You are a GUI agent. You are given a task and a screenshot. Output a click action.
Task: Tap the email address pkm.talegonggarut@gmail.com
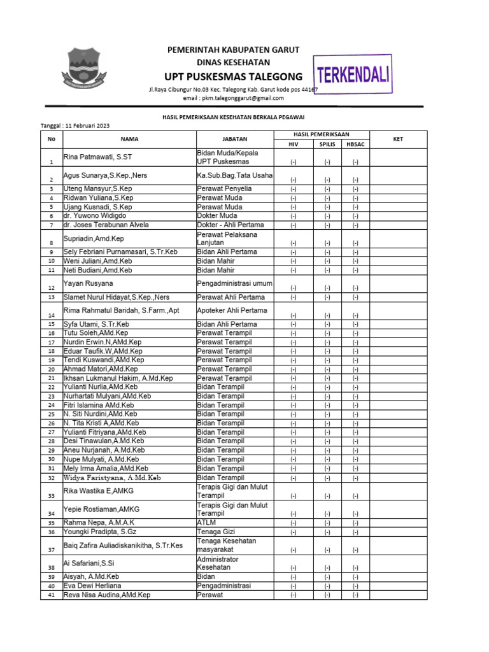[x=234, y=98]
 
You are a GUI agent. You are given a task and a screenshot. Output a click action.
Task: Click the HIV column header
[x=294, y=145]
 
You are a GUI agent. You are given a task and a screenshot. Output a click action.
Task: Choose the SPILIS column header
[x=327, y=145]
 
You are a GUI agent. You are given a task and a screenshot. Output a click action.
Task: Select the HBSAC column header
[x=355, y=145]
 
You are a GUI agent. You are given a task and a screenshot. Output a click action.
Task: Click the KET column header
[x=398, y=139]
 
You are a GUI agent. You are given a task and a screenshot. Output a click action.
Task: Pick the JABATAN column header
[x=235, y=139]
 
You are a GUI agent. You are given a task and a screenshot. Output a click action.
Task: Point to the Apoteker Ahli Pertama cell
[x=232, y=311]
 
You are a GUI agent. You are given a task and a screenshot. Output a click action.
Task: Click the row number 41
[x=52, y=595]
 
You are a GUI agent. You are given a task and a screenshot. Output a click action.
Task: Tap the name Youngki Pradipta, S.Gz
[x=99, y=532]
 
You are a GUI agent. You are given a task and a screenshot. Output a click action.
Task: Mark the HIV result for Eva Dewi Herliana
[x=294, y=586]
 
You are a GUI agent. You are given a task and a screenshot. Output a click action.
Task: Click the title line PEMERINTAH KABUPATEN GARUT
[x=233, y=50]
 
